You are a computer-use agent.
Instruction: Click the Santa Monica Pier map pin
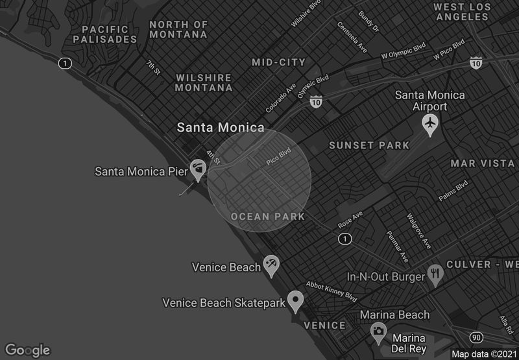[x=198, y=169]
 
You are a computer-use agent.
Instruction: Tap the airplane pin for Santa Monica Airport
[x=429, y=123]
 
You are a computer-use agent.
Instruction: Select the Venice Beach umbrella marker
[x=271, y=265]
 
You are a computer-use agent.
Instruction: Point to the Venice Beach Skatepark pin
[x=296, y=300]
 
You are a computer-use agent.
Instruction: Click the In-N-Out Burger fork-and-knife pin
[x=435, y=274]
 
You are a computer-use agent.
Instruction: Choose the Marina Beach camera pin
[x=378, y=332]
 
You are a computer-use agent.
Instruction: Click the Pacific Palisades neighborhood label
[x=105, y=34]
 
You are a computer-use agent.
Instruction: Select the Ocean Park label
[x=268, y=217]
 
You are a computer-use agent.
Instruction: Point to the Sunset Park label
[x=369, y=145]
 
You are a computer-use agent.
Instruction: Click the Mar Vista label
[x=482, y=163]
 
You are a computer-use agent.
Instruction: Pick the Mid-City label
[x=278, y=62]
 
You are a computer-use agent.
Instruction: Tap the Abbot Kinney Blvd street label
[x=332, y=291]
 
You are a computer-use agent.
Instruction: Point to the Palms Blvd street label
[x=453, y=191]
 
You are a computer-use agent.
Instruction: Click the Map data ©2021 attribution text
[x=484, y=354]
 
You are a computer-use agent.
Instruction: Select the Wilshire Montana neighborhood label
[x=204, y=82]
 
